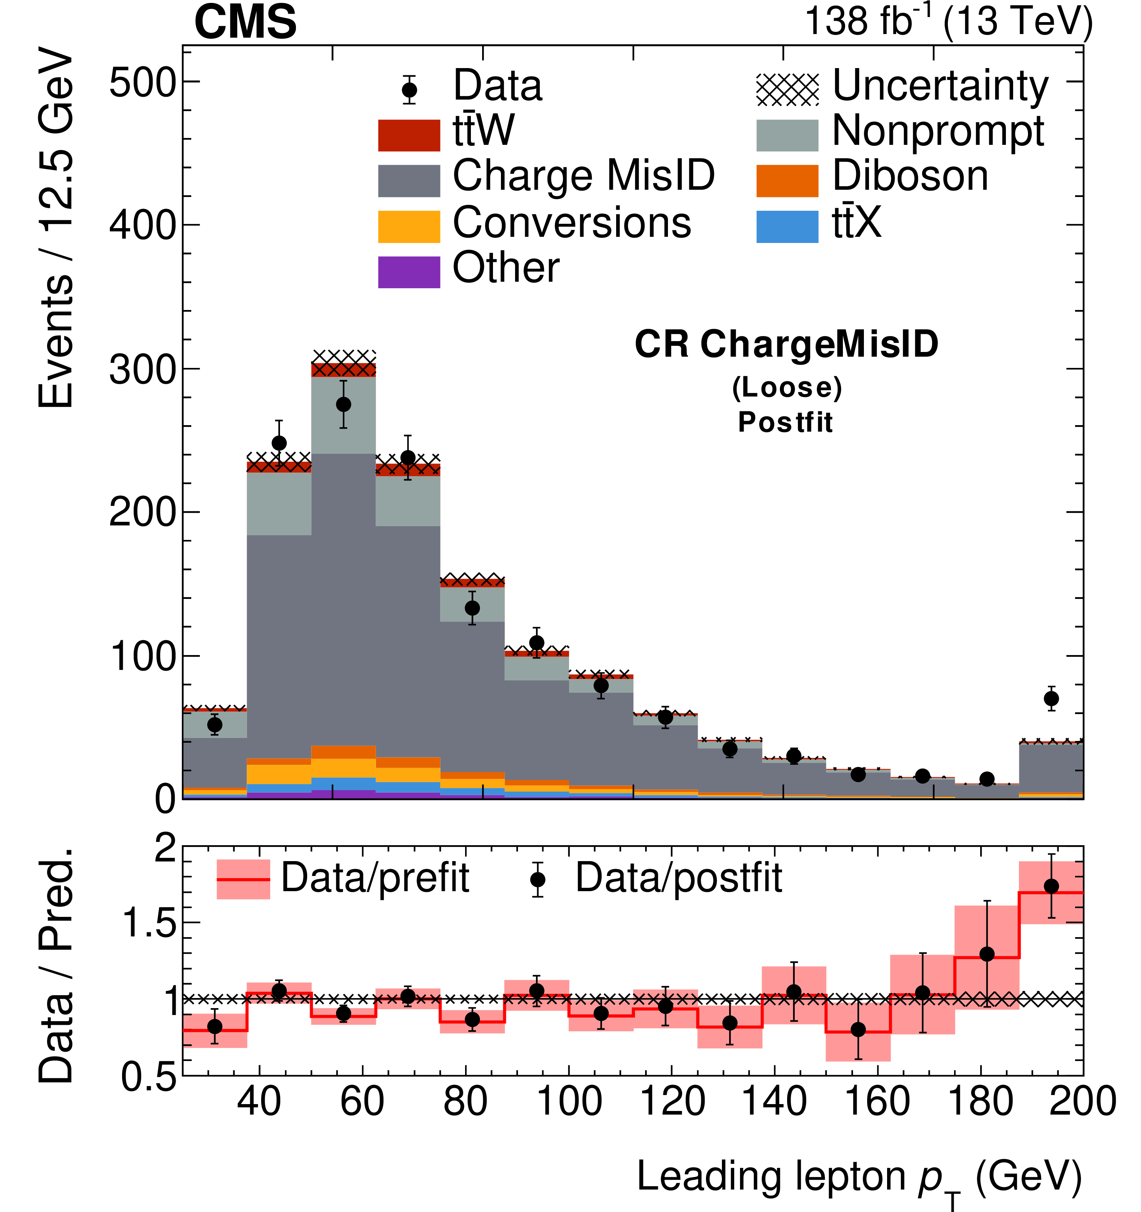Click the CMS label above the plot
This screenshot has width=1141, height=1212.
(x=245, y=22)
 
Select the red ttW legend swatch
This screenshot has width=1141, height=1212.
(x=409, y=135)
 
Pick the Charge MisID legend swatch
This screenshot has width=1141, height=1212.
(x=409, y=181)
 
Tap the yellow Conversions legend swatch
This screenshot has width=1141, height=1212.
(x=409, y=227)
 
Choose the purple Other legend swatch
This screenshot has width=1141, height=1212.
(x=409, y=272)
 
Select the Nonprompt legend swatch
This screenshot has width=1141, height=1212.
(x=787, y=135)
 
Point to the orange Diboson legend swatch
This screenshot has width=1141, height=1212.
(x=787, y=181)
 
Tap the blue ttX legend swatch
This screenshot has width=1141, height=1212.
(x=787, y=227)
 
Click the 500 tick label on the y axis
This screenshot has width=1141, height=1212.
(x=142, y=82)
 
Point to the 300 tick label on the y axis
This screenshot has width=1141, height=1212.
(x=142, y=369)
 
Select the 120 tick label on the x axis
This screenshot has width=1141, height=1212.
(x=672, y=1102)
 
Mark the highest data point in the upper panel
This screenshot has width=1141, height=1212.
(x=343, y=404)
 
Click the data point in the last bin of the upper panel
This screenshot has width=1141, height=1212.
(x=1051, y=699)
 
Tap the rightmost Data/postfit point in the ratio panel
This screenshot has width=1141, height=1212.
(x=1051, y=886)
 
